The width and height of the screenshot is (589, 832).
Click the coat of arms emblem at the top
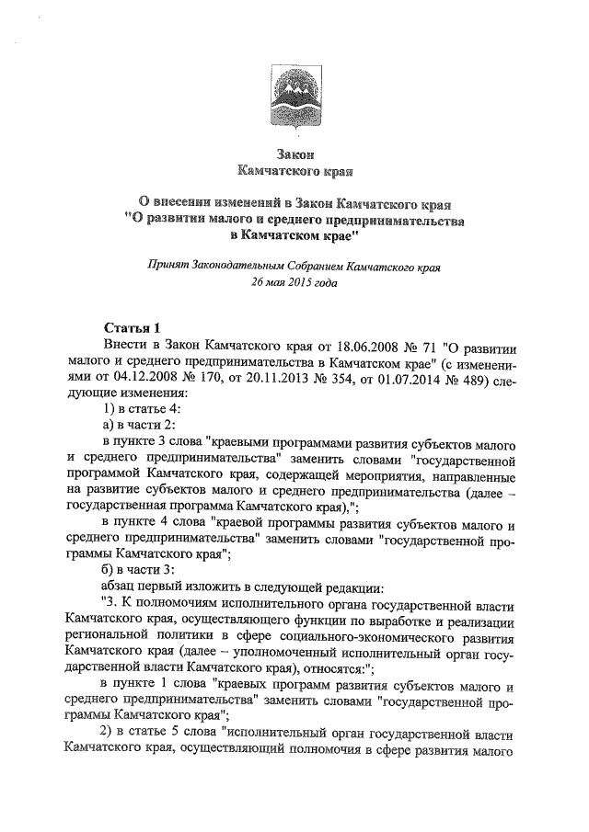click(x=294, y=98)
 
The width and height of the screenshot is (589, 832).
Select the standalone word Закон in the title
click(x=294, y=154)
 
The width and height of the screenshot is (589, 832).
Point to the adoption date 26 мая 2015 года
click(x=294, y=283)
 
